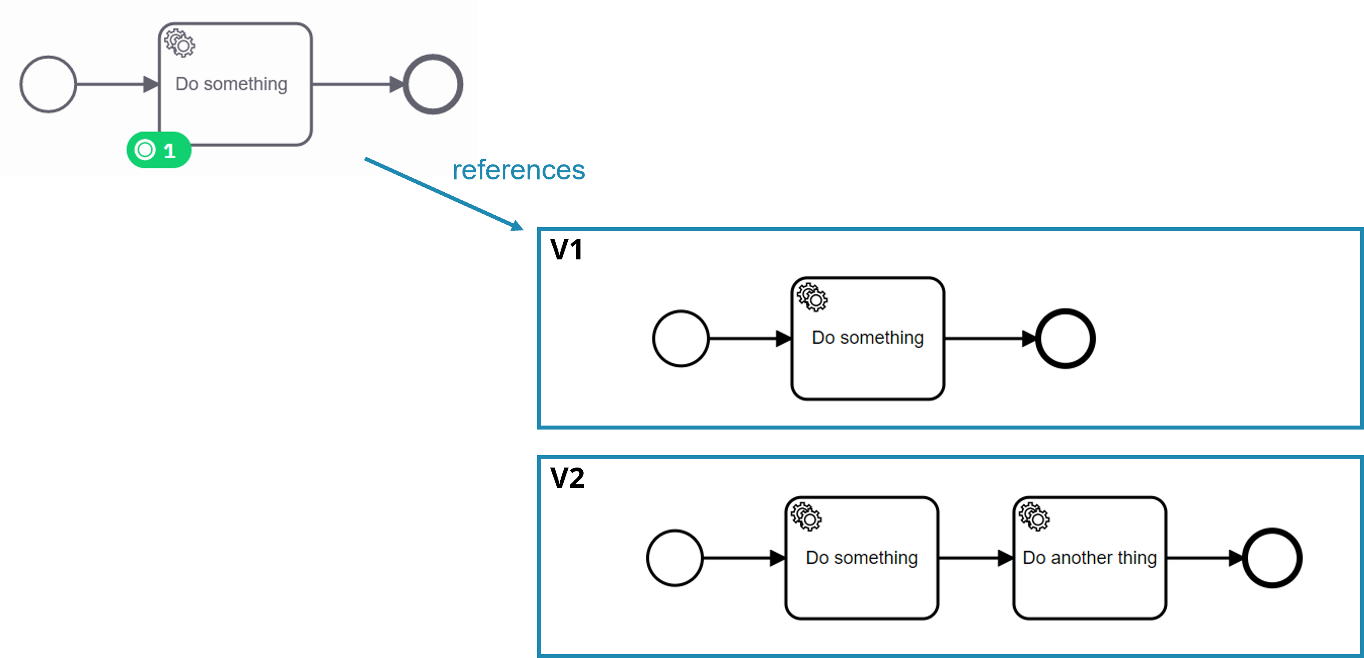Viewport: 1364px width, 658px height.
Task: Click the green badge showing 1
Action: (x=158, y=150)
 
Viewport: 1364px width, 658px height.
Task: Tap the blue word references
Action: (x=518, y=171)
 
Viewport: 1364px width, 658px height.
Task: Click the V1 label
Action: (x=566, y=249)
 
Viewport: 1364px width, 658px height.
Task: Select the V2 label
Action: (x=567, y=478)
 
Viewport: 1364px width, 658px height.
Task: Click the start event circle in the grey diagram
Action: (x=48, y=84)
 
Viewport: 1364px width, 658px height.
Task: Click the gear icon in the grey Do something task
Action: (x=180, y=43)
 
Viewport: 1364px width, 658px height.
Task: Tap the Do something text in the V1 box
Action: (x=867, y=338)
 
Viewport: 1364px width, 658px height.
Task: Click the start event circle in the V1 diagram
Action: (x=681, y=338)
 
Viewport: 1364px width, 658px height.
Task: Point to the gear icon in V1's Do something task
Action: (x=812, y=297)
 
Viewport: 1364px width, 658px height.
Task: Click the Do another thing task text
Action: (x=1089, y=558)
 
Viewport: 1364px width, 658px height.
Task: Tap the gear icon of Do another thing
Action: (x=1034, y=517)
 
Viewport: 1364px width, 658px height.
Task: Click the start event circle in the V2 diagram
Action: (x=675, y=558)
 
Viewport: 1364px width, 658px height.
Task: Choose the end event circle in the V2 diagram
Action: (x=1272, y=558)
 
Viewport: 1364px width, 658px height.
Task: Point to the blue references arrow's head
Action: (x=517, y=226)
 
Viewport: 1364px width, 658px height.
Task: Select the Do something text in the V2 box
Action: (x=861, y=558)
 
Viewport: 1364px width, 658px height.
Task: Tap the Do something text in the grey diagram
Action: (x=231, y=84)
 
